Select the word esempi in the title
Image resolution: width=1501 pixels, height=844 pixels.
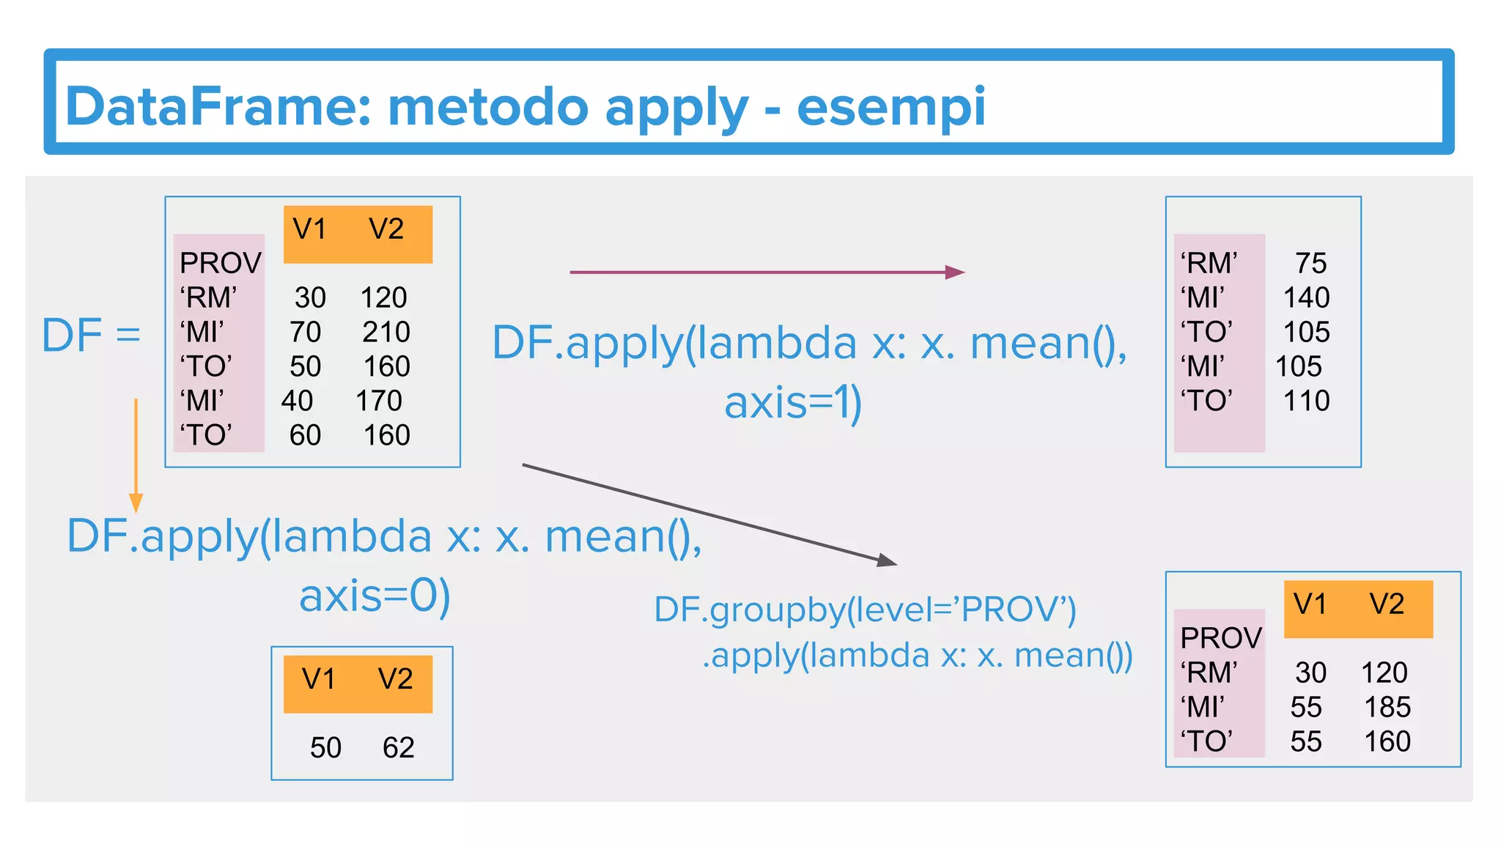tap(890, 107)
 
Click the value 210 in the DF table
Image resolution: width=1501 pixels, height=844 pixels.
tap(386, 332)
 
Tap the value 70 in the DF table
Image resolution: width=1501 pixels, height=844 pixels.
tap(305, 332)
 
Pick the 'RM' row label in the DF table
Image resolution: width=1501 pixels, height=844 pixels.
tap(208, 297)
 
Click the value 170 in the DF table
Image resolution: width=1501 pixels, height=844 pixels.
tap(379, 401)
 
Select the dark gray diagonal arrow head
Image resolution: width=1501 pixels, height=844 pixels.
tap(888, 560)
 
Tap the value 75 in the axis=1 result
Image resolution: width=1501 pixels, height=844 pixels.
tap(1311, 263)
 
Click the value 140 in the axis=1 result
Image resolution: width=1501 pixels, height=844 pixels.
tap(1306, 297)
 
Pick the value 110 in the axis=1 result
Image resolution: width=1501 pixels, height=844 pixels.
tap(1306, 401)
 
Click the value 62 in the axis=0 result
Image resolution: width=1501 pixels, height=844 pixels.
tap(398, 747)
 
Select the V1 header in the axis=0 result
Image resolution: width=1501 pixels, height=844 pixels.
tap(319, 679)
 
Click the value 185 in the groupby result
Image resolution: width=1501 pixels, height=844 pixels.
tap(1387, 707)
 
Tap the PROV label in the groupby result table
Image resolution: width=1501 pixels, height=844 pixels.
tap(1221, 638)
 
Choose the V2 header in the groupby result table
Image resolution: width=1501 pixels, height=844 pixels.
tap(1387, 604)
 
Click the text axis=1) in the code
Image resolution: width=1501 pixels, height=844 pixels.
tap(793, 403)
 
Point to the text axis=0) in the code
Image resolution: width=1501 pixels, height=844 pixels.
tap(375, 596)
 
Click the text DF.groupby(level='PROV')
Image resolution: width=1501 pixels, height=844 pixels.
tap(865, 610)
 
